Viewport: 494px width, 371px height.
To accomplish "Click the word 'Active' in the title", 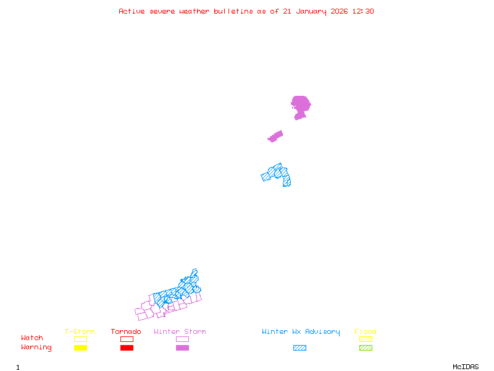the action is click(132, 11).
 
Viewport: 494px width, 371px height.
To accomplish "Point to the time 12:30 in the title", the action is click(363, 11).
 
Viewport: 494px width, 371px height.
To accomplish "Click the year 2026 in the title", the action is click(340, 11).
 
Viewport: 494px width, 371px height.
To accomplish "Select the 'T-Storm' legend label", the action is click(80, 332).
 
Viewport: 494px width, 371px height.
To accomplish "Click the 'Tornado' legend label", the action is click(126, 332).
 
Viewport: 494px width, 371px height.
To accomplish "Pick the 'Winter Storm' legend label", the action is click(180, 332).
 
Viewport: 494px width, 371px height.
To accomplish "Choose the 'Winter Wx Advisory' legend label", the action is click(301, 332).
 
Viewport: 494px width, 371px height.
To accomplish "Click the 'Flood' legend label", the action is click(366, 332).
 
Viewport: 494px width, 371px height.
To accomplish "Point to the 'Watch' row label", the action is click(32, 338).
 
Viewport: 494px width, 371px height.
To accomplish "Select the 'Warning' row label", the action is click(36, 348).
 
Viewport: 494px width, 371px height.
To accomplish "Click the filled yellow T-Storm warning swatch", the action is click(80, 348).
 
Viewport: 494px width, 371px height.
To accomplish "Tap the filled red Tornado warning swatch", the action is click(127, 348).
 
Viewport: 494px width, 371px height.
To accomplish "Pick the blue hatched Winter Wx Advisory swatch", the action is click(299, 348).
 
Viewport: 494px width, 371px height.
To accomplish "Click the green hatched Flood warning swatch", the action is click(366, 348).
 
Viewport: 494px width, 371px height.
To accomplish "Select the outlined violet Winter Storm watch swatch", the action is click(182, 339).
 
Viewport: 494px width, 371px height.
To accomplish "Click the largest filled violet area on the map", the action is click(301, 105).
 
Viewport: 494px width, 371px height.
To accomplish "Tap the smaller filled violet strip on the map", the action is click(275, 136).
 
